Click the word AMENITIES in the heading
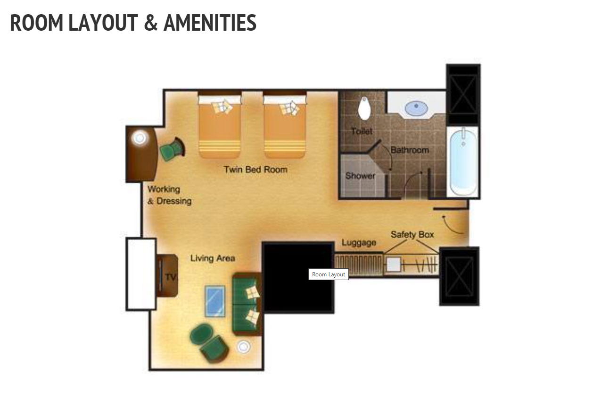click(210, 23)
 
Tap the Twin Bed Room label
click(256, 170)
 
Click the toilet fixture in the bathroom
click(364, 108)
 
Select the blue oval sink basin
click(416, 108)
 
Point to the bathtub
click(463, 162)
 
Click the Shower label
click(360, 176)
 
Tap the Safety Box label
click(412, 234)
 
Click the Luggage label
click(359, 242)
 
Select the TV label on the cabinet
click(171, 277)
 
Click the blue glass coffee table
click(215, 301)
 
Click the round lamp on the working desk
click(140, 138)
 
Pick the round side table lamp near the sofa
click(243, 347)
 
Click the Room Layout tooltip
click(329, 274)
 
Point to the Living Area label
click(213, 258)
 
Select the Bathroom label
click(410, 150)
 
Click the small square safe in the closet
click(394, 264)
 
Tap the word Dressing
click(174, 201)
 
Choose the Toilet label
click(362, 131)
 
